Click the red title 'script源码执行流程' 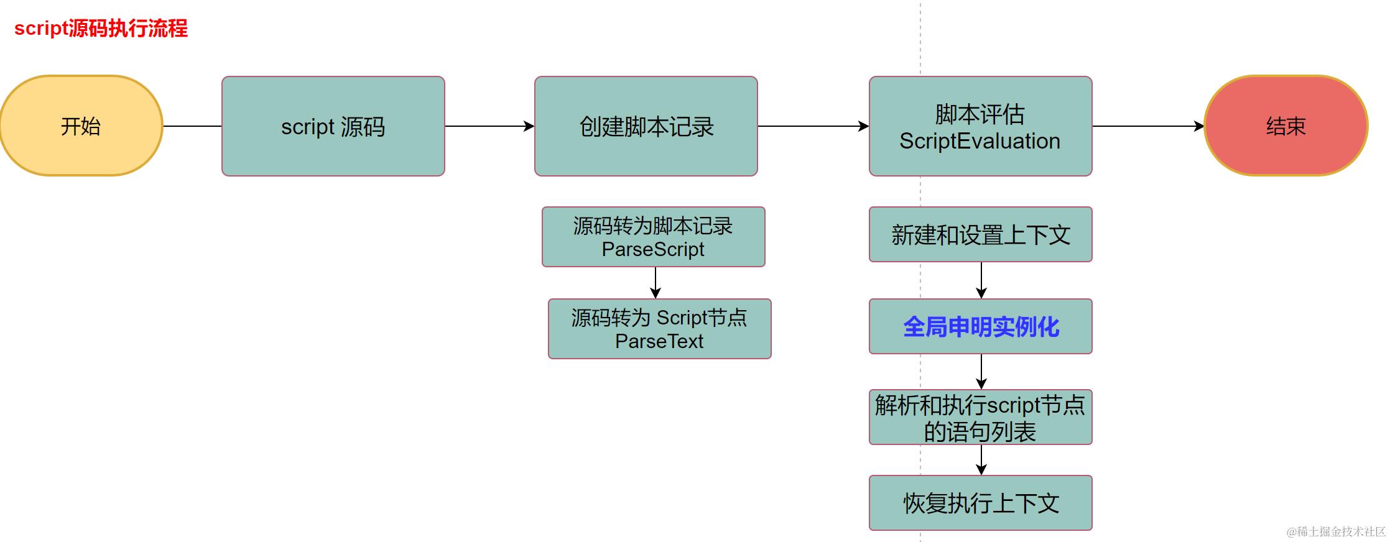tap(101, 29)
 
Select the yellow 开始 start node tap(81, 126)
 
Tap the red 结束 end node tap(1286, 126)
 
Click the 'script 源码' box tap(333, 126)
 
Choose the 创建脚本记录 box tap(646, 126)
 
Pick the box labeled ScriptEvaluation tap(980, 126)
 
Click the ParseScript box tap(653, 237)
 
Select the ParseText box tap(659, 329)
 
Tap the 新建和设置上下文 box tap(980, 234)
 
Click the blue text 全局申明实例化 tap(980, 327)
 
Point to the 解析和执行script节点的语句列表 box tap(980, 417)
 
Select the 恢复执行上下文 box tap(980, 503)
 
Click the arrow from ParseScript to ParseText tap(656, 283)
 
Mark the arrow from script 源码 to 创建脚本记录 tap(489, 126)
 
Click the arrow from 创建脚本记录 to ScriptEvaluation tap(813, 126)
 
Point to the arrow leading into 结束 tap(1148, 126)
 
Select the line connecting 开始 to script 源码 tap(192, 126)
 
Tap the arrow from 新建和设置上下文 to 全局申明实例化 tap(981, 280)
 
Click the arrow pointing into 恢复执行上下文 tap(981, 460)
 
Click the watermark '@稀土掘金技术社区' tap(1336, 531)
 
